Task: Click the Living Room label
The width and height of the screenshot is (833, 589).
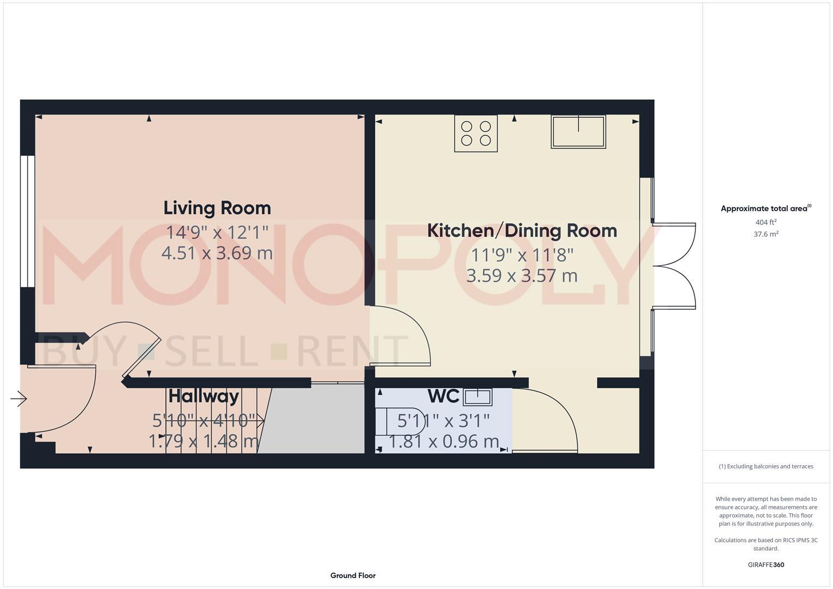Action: click(217, 208)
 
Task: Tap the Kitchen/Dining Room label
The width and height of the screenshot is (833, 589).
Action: click(522, 230)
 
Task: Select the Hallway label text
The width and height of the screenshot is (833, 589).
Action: click(203, 396)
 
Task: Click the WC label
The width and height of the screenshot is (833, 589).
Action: click(443, 396)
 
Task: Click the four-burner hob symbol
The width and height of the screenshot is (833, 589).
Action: click(476, 133)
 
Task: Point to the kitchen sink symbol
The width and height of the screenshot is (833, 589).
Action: click(578, 132)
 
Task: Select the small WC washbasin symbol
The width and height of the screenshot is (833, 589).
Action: click(477, 397)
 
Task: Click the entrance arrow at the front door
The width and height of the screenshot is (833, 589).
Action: click(19, 399)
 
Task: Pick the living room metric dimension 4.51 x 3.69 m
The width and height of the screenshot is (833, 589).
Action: click(217, 253)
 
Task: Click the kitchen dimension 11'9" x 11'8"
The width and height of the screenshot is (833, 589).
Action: click(522, 255)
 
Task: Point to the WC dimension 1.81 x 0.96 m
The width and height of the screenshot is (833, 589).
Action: click(444, 441)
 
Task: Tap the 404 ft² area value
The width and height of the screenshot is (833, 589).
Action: click(765, 223)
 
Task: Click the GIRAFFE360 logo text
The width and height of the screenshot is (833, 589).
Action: click(765, 564)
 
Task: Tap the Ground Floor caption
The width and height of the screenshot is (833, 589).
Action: click(352, 575)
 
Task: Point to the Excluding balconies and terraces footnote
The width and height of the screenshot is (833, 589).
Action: click(765, 466)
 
